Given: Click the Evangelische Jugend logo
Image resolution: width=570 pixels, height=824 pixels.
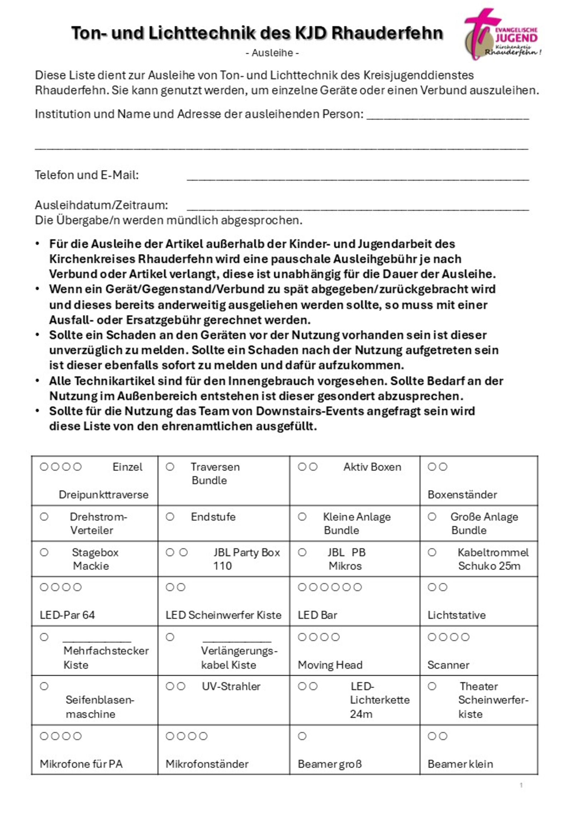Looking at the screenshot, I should coord(501,34).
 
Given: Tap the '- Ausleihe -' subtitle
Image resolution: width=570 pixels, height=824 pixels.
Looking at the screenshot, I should coord(272,53).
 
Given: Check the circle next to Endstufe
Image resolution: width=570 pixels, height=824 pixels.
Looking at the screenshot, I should coord(170,517).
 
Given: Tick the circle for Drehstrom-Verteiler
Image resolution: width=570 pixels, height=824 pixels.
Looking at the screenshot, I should coord(44,517).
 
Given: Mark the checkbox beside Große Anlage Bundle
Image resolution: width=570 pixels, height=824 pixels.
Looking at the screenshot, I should coord(432,517).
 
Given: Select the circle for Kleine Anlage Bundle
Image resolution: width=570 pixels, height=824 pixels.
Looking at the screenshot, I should coord(302,517).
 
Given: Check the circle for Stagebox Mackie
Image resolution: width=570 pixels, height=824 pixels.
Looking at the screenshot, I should coord(44,552).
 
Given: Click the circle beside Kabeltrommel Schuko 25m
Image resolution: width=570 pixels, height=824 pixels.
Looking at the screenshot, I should coord(432,552).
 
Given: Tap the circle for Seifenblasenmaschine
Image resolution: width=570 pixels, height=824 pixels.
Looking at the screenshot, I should coord(44,686).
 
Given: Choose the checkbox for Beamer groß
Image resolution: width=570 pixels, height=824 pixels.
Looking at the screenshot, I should coord(302,736).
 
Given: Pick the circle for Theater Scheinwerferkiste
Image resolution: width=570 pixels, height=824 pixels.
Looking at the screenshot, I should coord(432,686).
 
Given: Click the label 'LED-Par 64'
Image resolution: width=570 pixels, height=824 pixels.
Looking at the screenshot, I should coord(67,615).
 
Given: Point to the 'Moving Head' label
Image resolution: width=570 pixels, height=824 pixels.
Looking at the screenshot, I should coord(330,665).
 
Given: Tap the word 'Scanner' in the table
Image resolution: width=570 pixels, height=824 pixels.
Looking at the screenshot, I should coord(448,665).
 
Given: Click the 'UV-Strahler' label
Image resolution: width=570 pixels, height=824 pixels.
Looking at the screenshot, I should coord(231,686).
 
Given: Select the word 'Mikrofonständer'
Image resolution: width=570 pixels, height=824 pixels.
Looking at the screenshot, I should coord(207,764).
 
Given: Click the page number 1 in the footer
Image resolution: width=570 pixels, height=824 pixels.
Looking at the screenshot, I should coord(521,785).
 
